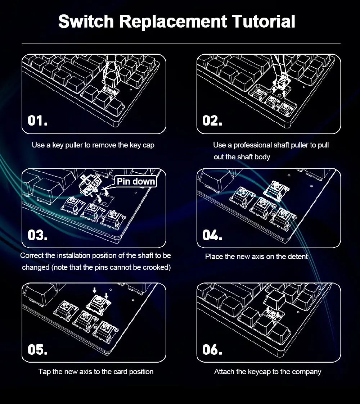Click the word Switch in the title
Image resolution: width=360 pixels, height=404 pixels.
click(x=86, y=22)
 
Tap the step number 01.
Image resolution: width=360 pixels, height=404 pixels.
click(x=37, y=121)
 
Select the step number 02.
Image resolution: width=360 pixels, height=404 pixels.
click(x=212, y=121)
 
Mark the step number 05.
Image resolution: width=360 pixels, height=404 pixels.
click(x=37, y=349)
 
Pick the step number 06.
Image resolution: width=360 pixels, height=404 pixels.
click(x=212, y=349)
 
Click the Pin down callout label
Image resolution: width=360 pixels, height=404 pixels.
click(x=136, y=181)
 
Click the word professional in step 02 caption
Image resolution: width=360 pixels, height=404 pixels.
click(x=253, y=145)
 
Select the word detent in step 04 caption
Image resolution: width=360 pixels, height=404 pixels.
click(x=298, y=257)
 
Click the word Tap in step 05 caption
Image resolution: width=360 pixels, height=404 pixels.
click(x=45, y=372)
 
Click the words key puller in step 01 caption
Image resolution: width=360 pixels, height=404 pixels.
click(x=68, y=145)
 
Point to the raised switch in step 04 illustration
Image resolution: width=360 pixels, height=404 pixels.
click(x=278, y=189)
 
